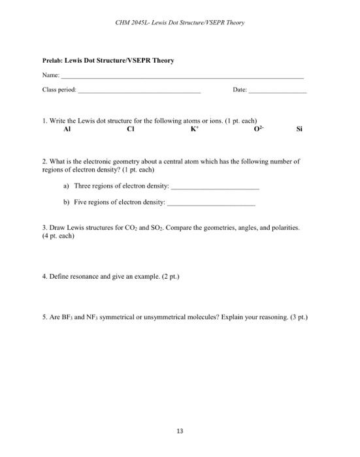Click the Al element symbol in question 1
[67, 129]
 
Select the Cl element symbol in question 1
[131, 129]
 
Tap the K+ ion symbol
[194, 129]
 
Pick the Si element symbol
[299, 129]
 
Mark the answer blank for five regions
[212, 204]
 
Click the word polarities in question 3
[284, 228]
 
